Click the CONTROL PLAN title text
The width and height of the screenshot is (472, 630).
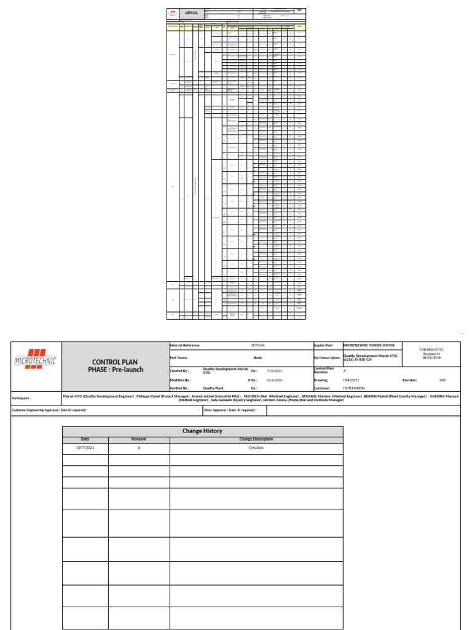(x=116, y=362)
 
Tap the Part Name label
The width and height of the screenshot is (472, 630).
(x=179, y=357)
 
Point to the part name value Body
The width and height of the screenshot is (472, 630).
(x=258, y=357)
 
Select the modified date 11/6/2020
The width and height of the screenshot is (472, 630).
(x=273, y=380)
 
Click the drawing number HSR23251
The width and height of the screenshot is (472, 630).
(x=352, y=380)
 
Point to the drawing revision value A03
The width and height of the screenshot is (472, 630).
(x=434, y=380)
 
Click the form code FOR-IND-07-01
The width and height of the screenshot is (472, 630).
(x=431, y=349)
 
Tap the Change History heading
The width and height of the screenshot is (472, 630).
(x=202, y=431)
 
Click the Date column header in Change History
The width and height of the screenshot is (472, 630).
(x=85, y=439)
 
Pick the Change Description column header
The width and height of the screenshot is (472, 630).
(x=256, y=439)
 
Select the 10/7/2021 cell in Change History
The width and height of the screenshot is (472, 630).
(x=85, y=448)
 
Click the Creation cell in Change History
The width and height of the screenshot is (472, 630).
(x=256, y=448)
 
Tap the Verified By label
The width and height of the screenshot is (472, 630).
(x=180, y=389)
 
